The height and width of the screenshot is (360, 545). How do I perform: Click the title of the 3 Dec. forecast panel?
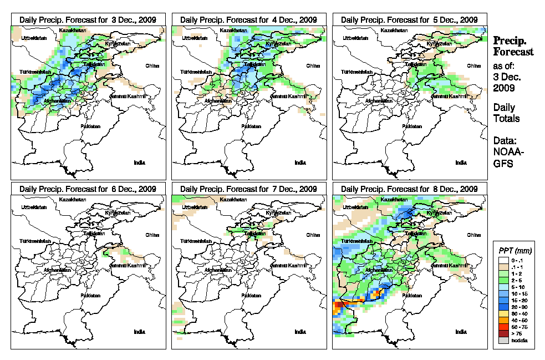coord(88,19)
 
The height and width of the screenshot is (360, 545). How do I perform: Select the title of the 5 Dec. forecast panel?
coord(410,19)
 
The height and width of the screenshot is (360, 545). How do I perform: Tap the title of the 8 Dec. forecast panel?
coord(410,189)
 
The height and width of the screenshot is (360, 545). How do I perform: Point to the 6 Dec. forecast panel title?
coord(88,189)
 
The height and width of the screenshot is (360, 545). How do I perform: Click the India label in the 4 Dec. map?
coord(300,163)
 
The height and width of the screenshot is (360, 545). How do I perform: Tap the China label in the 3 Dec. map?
coord(151,65)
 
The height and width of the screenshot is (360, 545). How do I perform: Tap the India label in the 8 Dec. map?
coord(461,332)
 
